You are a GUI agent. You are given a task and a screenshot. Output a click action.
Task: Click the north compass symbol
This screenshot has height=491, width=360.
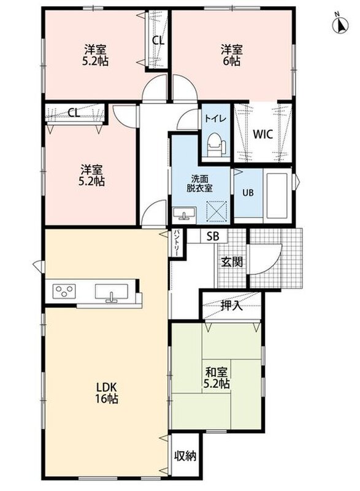340,23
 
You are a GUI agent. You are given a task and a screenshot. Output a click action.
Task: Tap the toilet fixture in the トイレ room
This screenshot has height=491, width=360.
216,144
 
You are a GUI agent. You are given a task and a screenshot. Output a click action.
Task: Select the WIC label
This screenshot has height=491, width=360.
262,134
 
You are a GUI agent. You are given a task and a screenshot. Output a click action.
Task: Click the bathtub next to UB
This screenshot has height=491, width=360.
277,196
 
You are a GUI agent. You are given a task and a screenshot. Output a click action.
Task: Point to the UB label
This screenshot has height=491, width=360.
248,193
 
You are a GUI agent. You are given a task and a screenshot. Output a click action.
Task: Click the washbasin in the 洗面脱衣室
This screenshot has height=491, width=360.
184,215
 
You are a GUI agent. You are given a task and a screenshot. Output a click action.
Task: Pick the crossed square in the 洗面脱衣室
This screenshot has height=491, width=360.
216,211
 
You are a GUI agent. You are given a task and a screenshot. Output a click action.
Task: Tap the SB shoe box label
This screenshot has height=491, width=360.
213,236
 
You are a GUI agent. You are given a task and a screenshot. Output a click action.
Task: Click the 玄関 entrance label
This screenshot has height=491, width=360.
232,262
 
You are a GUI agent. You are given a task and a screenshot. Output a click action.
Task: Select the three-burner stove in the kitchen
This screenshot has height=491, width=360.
64,291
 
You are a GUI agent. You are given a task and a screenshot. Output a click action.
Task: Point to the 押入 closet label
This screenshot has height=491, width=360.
231,306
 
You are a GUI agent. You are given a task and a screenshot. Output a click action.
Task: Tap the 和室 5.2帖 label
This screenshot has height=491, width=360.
216,378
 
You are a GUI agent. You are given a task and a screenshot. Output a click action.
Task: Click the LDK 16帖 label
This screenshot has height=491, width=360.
107,393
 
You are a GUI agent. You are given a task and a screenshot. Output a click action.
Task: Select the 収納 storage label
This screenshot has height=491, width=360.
185,456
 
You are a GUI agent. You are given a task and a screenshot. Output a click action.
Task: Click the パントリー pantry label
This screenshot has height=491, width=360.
176,243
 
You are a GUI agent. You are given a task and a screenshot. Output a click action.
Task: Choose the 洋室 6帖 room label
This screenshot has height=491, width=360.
232,55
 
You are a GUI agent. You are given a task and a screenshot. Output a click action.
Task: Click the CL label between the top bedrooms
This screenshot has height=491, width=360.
158,40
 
